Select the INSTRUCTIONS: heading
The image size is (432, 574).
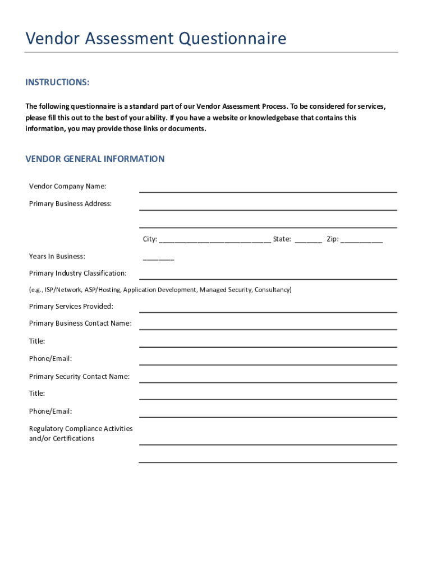57,83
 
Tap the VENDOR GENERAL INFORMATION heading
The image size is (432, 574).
95,159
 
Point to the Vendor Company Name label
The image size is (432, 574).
67,186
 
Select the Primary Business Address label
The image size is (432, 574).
70,203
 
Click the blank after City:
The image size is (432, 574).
215,240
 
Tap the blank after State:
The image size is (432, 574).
308,240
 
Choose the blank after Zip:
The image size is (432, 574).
361,240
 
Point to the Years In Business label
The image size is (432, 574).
57,256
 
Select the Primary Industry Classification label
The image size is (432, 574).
77,273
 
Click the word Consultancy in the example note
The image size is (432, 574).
273,290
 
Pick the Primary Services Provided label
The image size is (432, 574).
71,306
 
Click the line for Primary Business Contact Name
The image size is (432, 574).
268,328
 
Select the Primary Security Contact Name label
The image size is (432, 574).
79,376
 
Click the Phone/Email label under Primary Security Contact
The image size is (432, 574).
50,411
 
